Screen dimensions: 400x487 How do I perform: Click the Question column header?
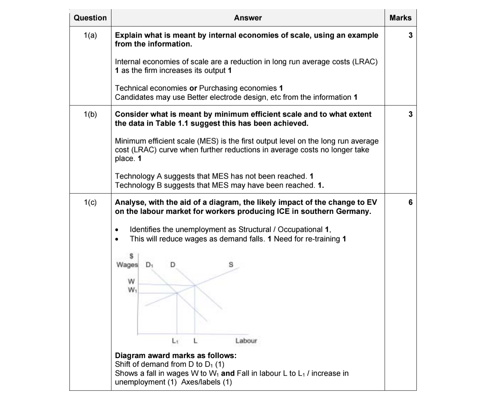[90, 18]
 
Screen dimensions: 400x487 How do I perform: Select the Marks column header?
[400, 18]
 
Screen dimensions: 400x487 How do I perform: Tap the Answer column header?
[247, 18]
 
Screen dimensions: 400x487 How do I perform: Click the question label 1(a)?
[90, 35]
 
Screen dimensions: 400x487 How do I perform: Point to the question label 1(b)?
[90, 114]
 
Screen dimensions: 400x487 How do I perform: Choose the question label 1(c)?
[90, 202]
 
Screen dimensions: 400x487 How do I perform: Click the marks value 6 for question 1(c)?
[410, 202]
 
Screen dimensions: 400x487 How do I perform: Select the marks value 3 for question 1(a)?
[410, 35]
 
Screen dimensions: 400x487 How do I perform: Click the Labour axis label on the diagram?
[246, 340]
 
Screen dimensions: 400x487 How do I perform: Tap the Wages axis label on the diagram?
[127, 264]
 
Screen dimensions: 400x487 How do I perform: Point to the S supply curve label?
[230, 265]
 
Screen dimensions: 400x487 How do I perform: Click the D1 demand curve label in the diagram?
[149, 265]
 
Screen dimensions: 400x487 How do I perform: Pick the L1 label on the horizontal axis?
[175, 340]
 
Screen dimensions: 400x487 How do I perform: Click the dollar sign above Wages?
[132, 256]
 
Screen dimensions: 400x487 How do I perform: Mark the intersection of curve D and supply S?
[195, 285]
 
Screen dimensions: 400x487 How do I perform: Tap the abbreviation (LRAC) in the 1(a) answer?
[364, 62]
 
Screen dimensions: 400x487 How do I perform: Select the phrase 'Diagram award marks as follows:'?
[175, 355]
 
